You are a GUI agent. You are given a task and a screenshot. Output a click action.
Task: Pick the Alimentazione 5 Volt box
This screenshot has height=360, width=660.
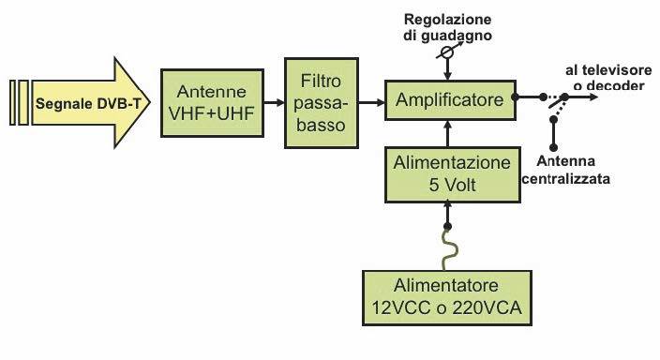(x=452, y=172)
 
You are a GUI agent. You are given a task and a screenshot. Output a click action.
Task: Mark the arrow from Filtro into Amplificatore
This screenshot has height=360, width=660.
(x=376, y=99)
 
